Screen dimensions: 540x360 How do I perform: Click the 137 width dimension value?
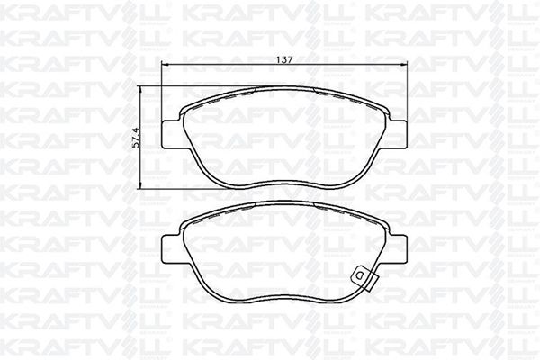pyautogui.click(x=284, y=59)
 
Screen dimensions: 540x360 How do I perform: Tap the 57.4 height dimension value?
pyautogui.click(x=136, y=138)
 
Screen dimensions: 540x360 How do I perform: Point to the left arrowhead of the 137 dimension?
pyautogui.click(x=165, y=64)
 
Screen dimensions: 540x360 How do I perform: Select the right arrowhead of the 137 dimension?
pyautogui.click(x=403, y=64)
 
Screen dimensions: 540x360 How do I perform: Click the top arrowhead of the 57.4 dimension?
pyautogui.click(x=140, y=90)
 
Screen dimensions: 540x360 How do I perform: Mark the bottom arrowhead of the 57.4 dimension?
pyautogui.click(x=140, y=185)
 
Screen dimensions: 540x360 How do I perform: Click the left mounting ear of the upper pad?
pyautogui.click(x=171, y=135)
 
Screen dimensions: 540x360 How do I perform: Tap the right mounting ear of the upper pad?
pyautogui.click(x=398, y=135)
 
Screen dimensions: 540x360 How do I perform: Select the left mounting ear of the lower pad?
pyautogui.click(x=171, y=249)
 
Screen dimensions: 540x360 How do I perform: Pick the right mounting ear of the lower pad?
pyautogui.click(x=398, y=249)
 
